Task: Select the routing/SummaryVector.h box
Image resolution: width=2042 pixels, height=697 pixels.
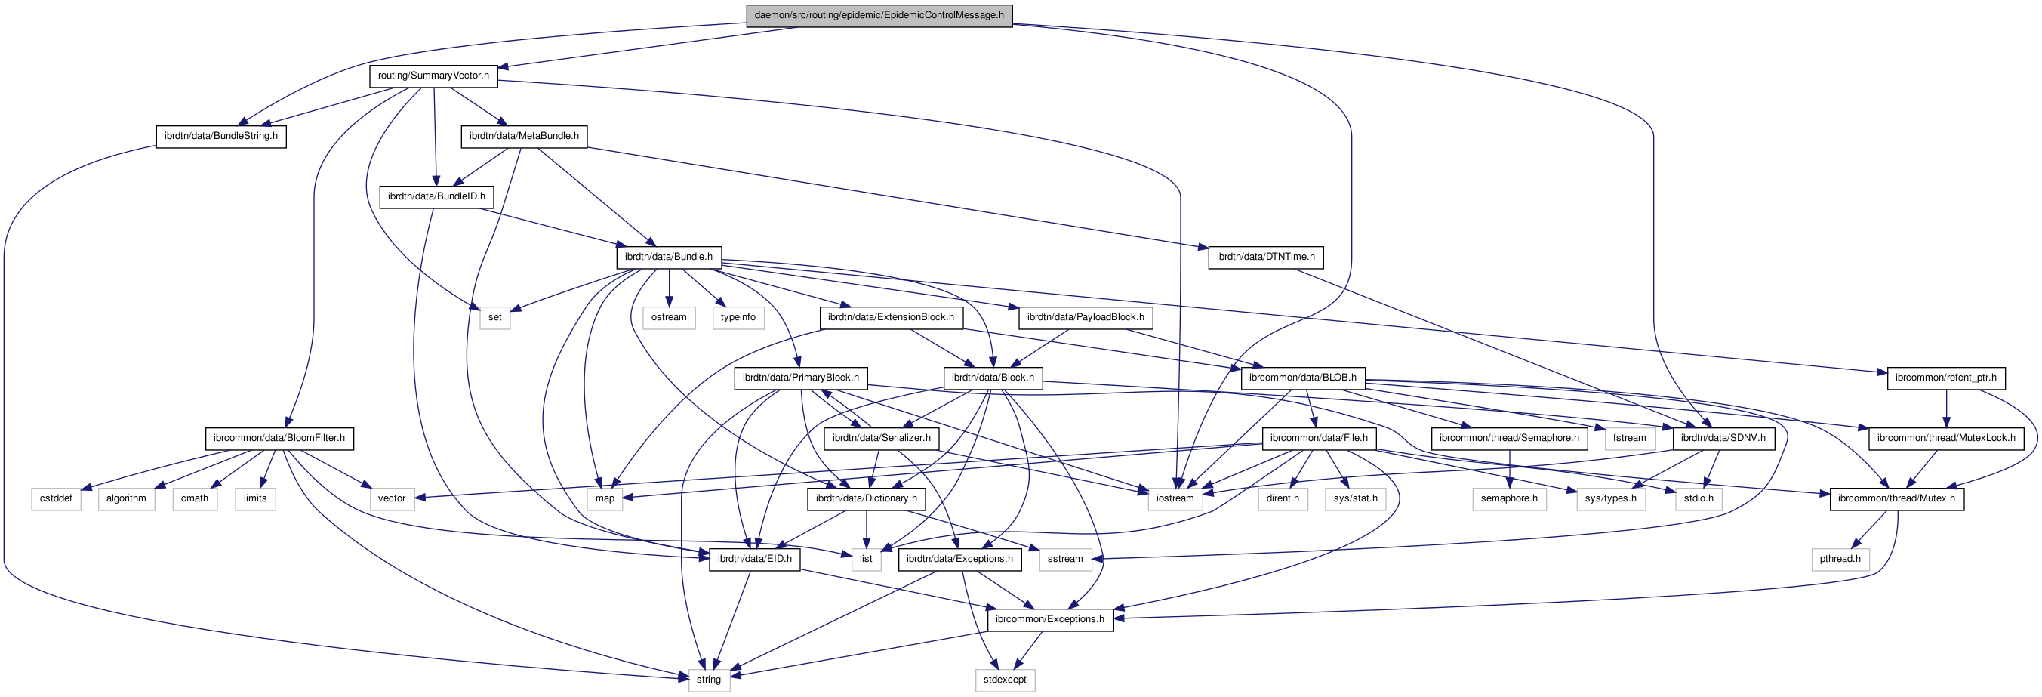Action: coord(433,76)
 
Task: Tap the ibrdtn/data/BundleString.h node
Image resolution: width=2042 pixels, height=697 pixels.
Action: coord(220,137)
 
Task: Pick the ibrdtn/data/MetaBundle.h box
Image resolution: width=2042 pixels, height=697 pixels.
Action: coord(523,137)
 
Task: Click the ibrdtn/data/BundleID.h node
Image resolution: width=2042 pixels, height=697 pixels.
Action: coord(436,196)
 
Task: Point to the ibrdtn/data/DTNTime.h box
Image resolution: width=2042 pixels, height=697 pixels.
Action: coord(1265,257)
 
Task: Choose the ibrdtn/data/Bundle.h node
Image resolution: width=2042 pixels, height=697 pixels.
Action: coord(668,257)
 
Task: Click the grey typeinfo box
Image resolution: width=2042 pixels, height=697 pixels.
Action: coord(738,317)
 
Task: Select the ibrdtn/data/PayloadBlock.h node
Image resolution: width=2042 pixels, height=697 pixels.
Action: coord(1086,317)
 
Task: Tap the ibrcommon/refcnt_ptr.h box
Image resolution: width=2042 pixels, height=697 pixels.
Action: coord(1945,378)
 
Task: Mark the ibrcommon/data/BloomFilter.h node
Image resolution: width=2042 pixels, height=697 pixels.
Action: coord(279,438)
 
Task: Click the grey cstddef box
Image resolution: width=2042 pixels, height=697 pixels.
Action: coord(57,498)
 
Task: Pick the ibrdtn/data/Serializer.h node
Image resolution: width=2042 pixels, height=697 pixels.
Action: coord(881,438)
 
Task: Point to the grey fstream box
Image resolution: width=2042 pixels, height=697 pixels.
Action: coord(1629,438)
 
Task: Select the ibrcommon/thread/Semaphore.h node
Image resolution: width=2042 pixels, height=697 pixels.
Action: coord(1508,438)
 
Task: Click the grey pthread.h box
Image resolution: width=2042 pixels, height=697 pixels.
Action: coord(1840,559)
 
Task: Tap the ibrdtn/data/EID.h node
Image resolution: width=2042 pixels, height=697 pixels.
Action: coord(754,559)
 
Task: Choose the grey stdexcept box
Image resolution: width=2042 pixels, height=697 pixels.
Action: coord(1004,680)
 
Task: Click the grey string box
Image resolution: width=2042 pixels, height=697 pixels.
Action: coord(708,680)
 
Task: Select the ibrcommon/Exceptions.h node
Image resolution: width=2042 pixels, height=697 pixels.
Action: coord(1049,619)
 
